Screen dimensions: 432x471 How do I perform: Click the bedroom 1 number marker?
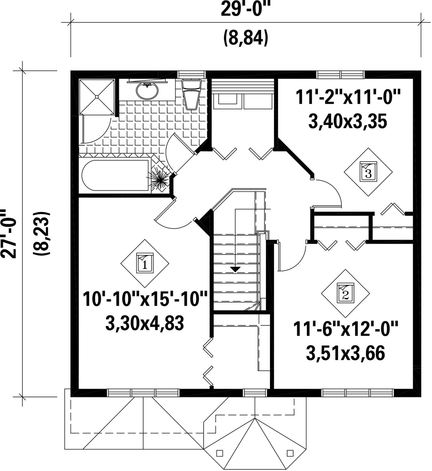[145, 263]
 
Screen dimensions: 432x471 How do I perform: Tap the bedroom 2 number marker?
[345, 293]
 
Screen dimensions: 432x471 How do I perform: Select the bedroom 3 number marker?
[368, 172]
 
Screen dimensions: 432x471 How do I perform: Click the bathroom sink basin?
[147, 90]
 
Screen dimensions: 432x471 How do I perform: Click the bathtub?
[116, 176]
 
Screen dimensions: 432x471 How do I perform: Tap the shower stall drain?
[97, 96]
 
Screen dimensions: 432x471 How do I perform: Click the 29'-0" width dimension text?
[244, 9]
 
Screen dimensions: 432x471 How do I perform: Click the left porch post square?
[220, 453]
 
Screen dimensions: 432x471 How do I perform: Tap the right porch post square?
[290, 453]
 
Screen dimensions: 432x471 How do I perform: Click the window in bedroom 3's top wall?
[341, 74]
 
